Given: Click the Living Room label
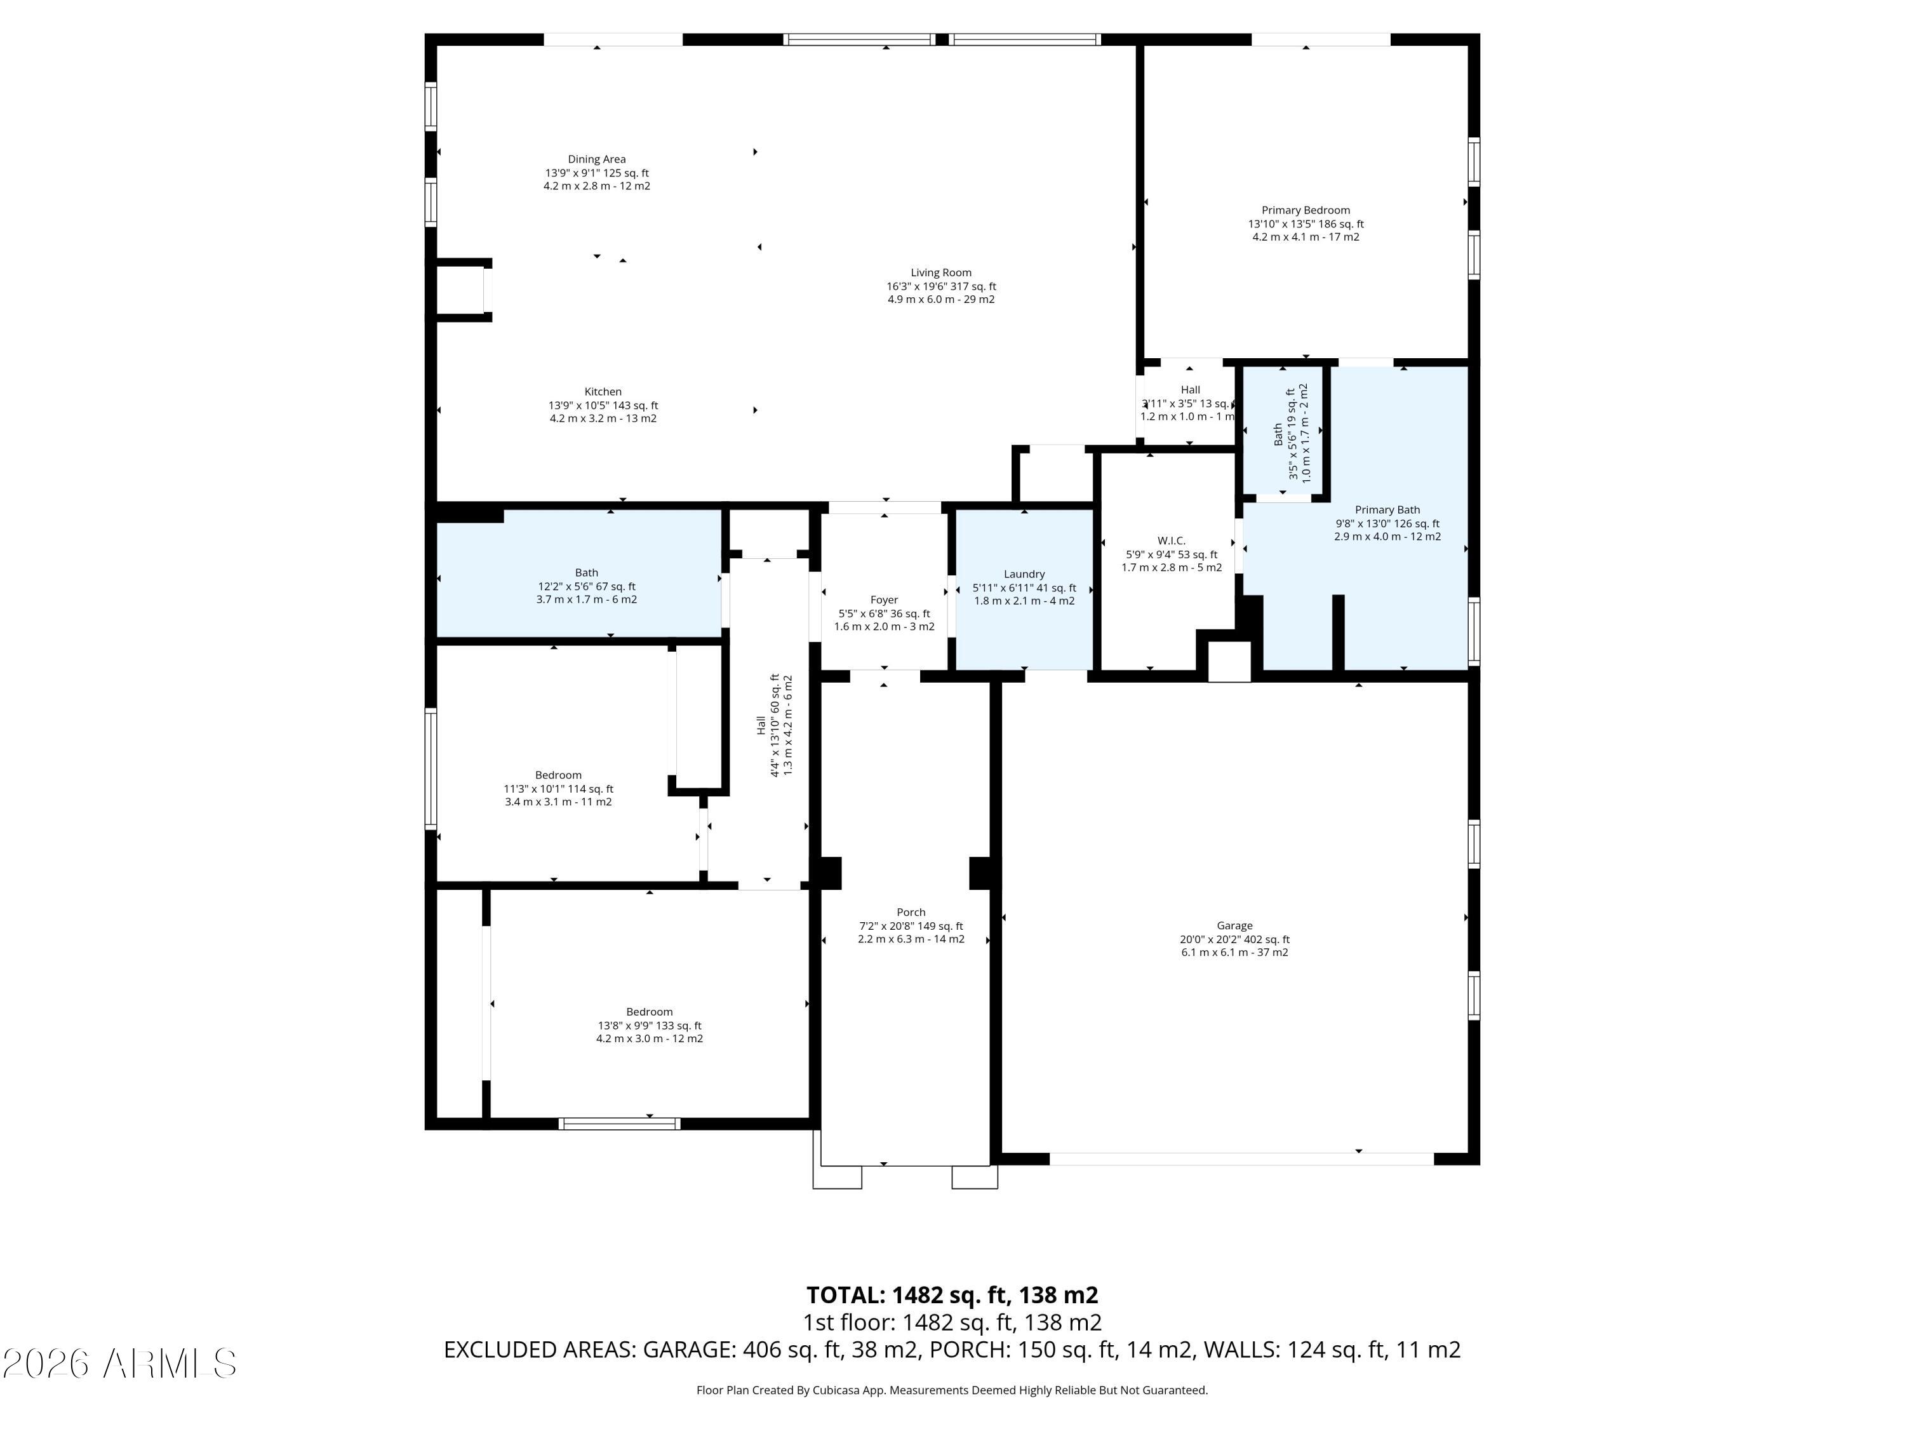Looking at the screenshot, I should (x=940, y=273).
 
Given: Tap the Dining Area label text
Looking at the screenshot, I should (x=596, y=159).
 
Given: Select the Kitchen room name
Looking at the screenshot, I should (x=603, y=392).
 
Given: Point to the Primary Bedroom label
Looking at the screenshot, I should (x=1305, y=210).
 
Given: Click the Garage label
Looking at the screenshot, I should (x=1234, y=926).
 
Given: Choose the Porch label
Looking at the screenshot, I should (x=911, y=912).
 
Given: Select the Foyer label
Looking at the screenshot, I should (x=884, y=600).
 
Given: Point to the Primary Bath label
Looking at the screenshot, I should (x=1387, y=510).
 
